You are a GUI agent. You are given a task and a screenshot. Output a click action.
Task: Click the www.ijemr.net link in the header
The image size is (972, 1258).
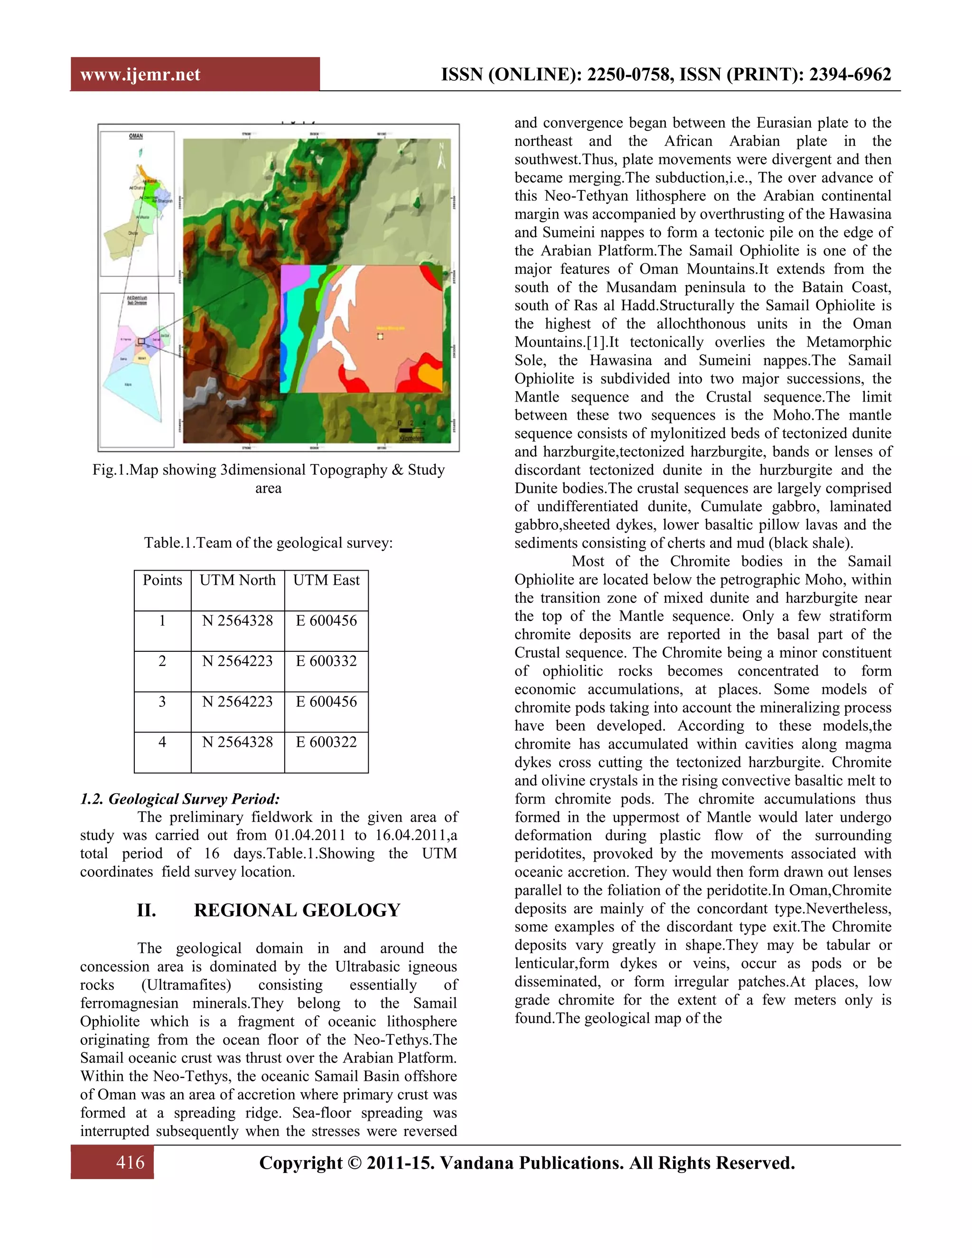[x=140, y=75]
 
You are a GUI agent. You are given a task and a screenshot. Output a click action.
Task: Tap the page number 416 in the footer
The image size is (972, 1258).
[x=130, y=1163]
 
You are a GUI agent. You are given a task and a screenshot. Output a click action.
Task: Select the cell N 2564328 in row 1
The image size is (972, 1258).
[x=237, y=621]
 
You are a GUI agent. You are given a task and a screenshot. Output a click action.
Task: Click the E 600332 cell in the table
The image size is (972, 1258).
[x=326, y=661]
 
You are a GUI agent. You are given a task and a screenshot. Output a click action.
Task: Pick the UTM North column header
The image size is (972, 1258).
[x=237, y=580]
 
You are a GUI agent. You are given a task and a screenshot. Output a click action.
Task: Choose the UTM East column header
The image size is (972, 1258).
[x=326, y=580]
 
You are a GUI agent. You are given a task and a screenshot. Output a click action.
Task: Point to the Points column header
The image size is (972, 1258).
[x=162, y=580]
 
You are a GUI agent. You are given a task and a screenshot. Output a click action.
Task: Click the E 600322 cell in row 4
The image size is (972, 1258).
[x=326, y=742]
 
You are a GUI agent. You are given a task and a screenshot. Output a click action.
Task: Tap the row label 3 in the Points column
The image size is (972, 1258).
[x=162, y=702]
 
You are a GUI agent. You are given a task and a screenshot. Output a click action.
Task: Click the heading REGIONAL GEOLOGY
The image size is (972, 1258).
[x=297, y=911]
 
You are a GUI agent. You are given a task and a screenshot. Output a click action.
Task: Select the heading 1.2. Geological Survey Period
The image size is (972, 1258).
[x=180, y=799]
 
